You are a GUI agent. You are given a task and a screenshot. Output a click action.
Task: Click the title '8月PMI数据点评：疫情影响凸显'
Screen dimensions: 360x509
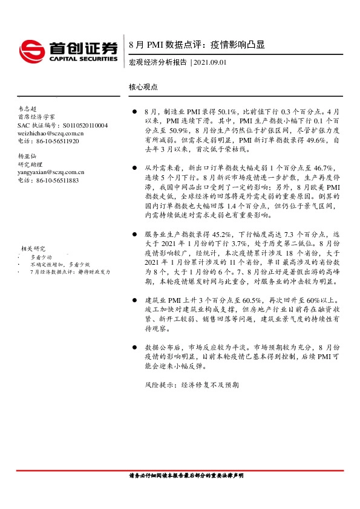coord(197,45)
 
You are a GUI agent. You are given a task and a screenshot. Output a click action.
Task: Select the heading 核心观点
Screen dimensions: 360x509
coord(143,87)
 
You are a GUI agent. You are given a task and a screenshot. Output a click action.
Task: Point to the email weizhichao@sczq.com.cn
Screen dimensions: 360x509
coord(51,133)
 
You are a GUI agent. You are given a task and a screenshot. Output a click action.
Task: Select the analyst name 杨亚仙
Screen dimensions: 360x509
coord(27,156)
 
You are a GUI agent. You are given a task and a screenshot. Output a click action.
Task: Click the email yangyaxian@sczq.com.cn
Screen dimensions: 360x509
coord(51,172)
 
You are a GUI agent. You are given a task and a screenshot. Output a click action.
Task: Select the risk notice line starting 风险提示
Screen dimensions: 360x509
coord(192,384)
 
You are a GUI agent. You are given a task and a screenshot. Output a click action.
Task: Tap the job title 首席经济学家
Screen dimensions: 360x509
coord(36,117)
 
